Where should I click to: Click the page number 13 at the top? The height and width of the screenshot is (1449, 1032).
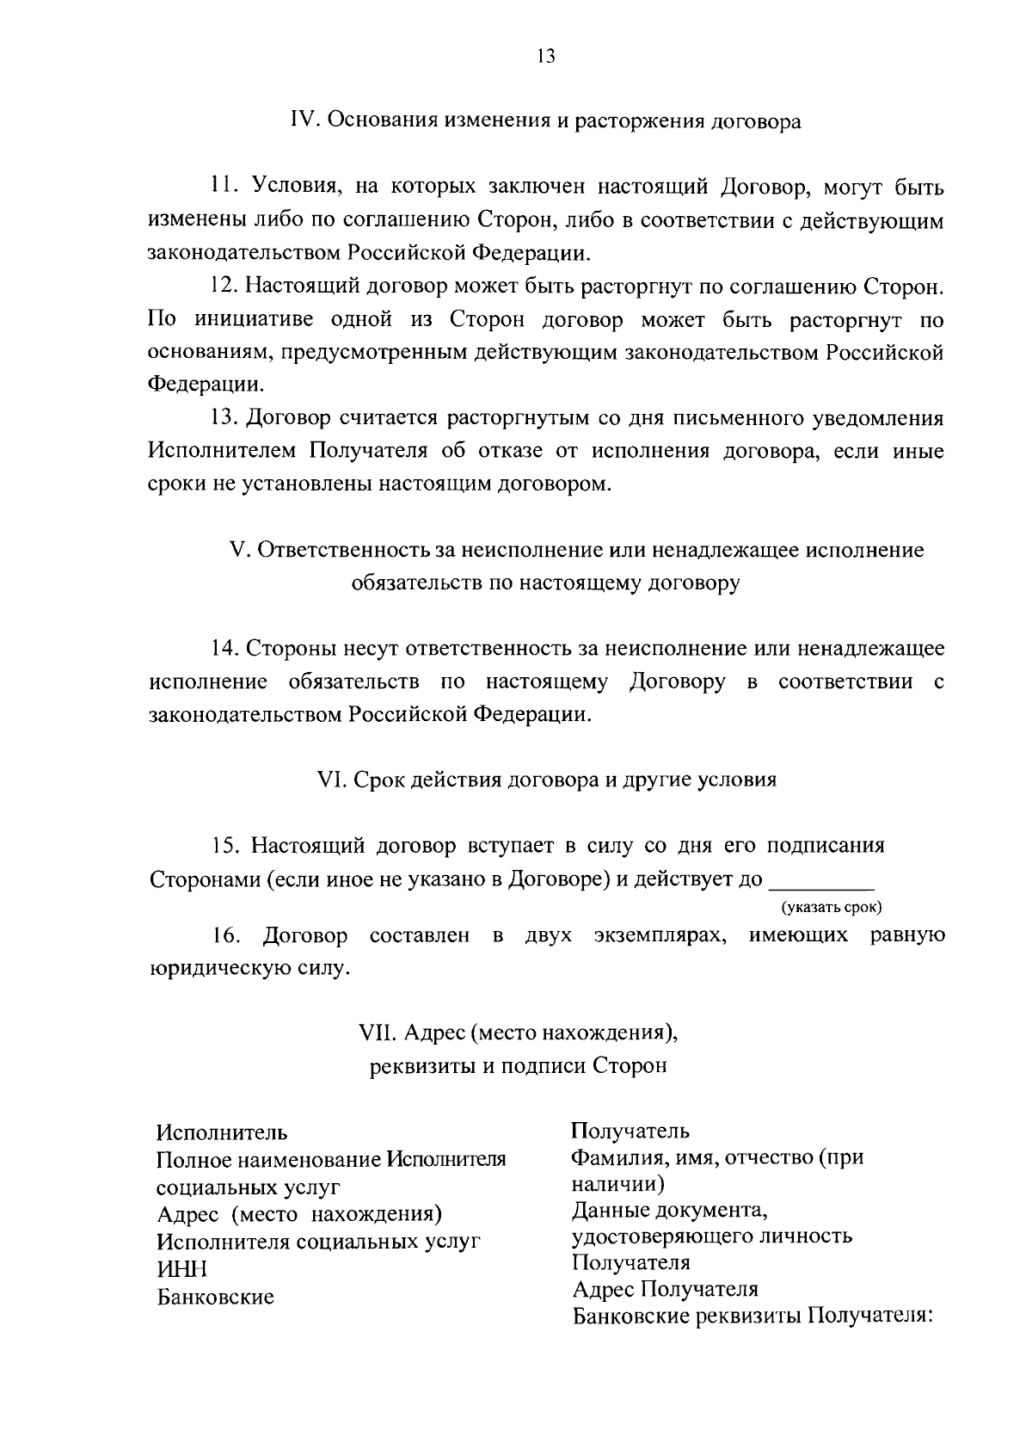(x=545, y=57)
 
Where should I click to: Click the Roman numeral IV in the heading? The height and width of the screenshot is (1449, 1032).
(x=304, y=121)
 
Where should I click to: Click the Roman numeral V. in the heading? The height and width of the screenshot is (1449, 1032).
(x=239, y=550)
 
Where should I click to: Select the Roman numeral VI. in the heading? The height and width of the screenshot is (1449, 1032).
(x=330, y=780)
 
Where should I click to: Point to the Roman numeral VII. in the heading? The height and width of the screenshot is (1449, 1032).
(x=377, y=1031)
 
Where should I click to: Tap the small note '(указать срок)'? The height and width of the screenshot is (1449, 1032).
(x=832, y=908)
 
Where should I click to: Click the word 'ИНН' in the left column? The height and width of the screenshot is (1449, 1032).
(x=181, y=1269)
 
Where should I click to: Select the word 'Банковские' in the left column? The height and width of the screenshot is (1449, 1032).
(x=215, y=1297)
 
